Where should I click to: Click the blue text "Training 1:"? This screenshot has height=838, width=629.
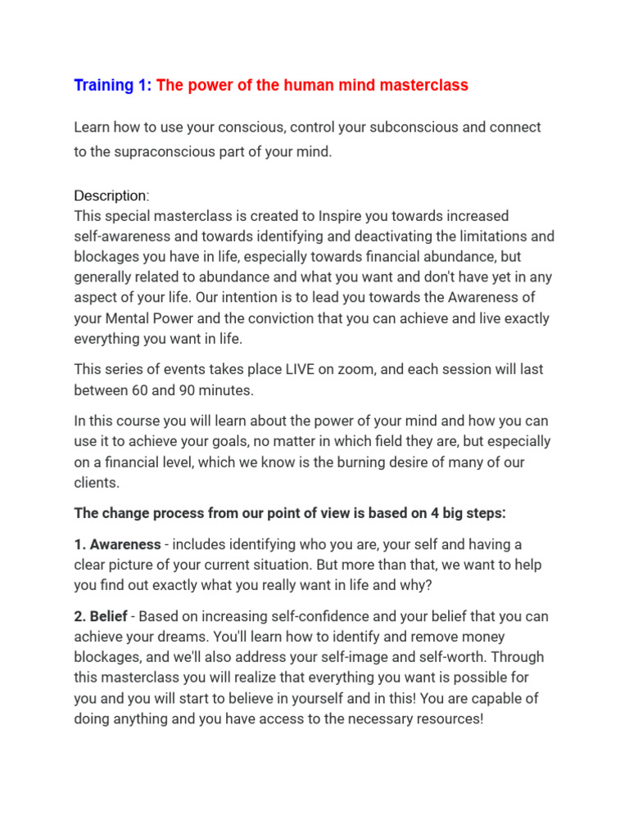(x=113, y=85)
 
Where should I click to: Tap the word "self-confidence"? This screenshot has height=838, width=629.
(x=281, y=616)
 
